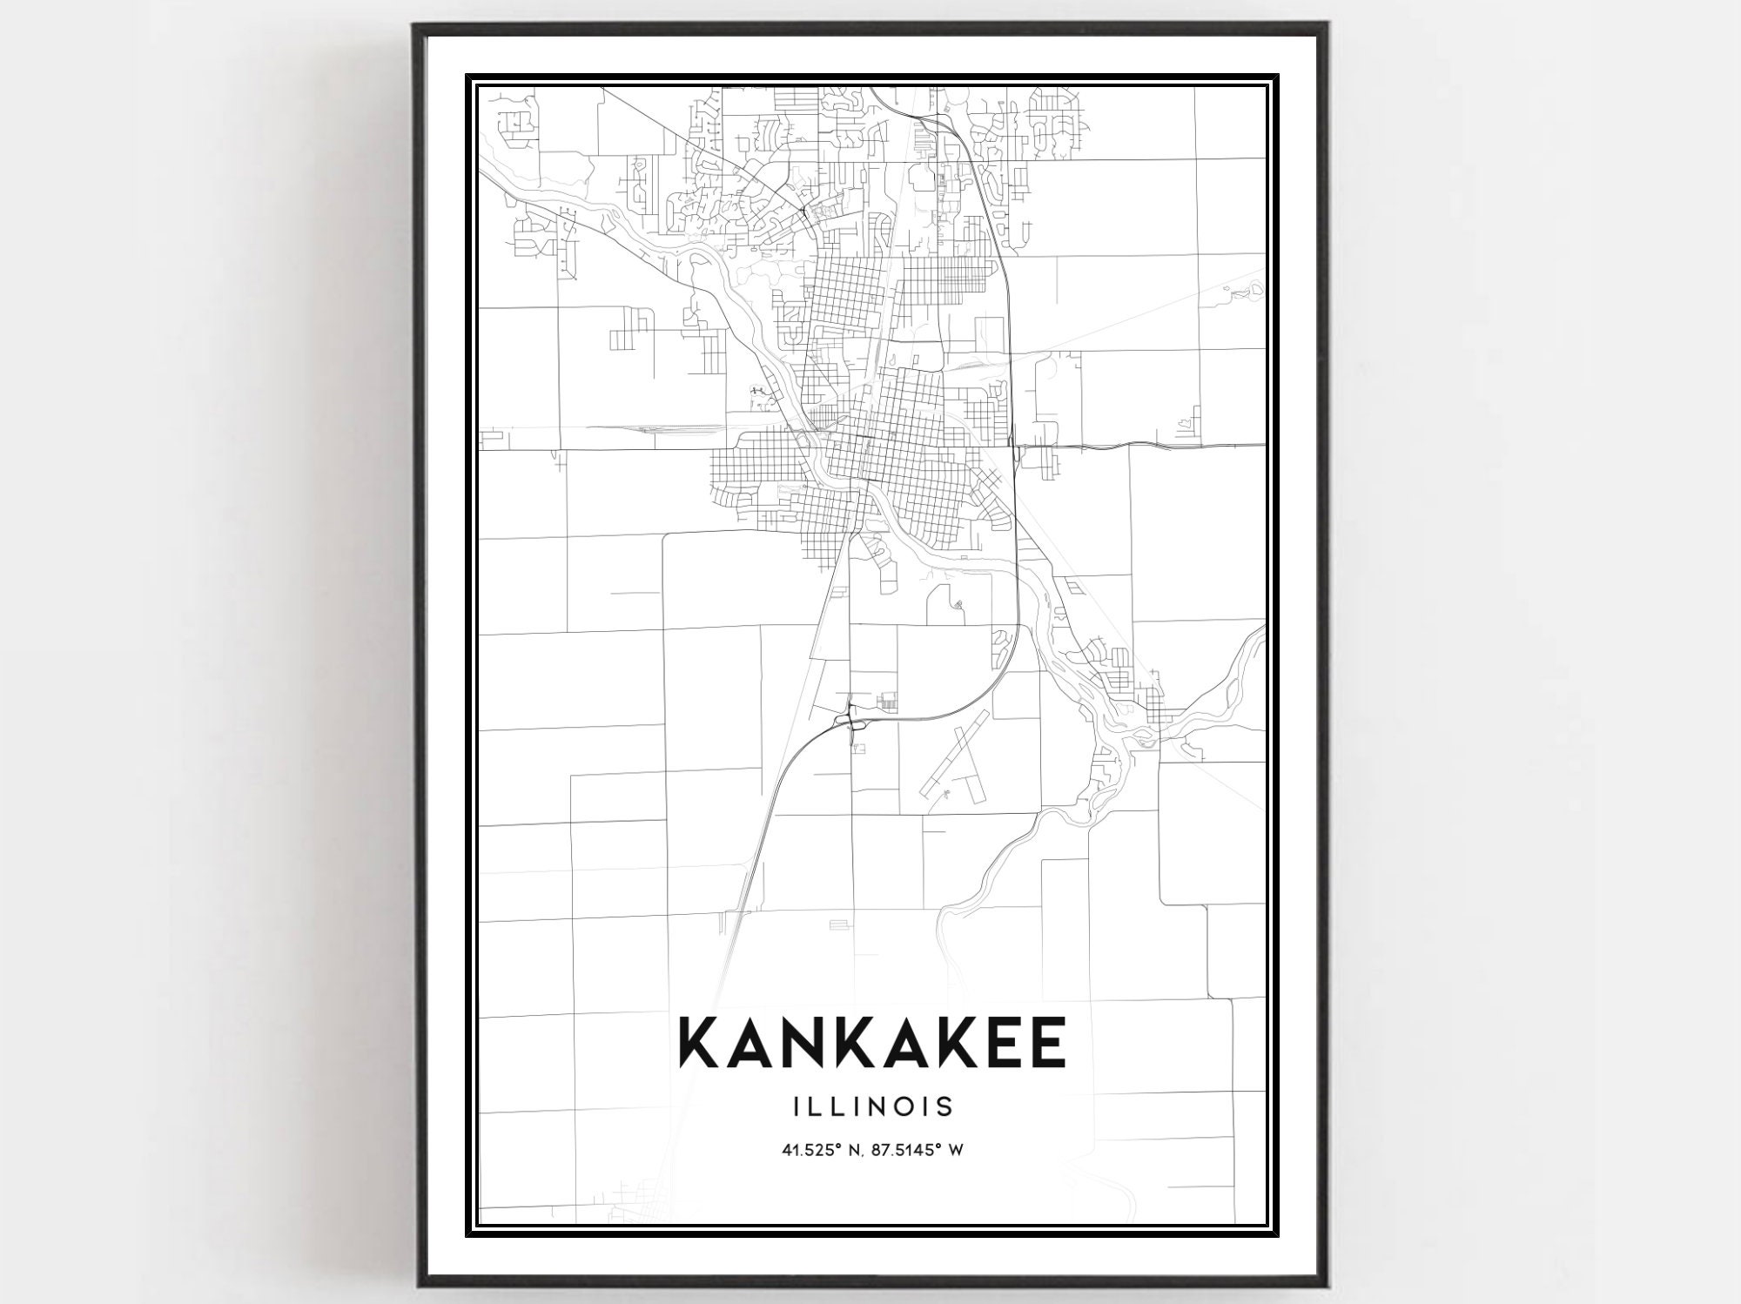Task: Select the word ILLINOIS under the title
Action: pyautogui.click(x=873, y=1106)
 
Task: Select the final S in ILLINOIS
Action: pyautogui.click(x=945, y=1106)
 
